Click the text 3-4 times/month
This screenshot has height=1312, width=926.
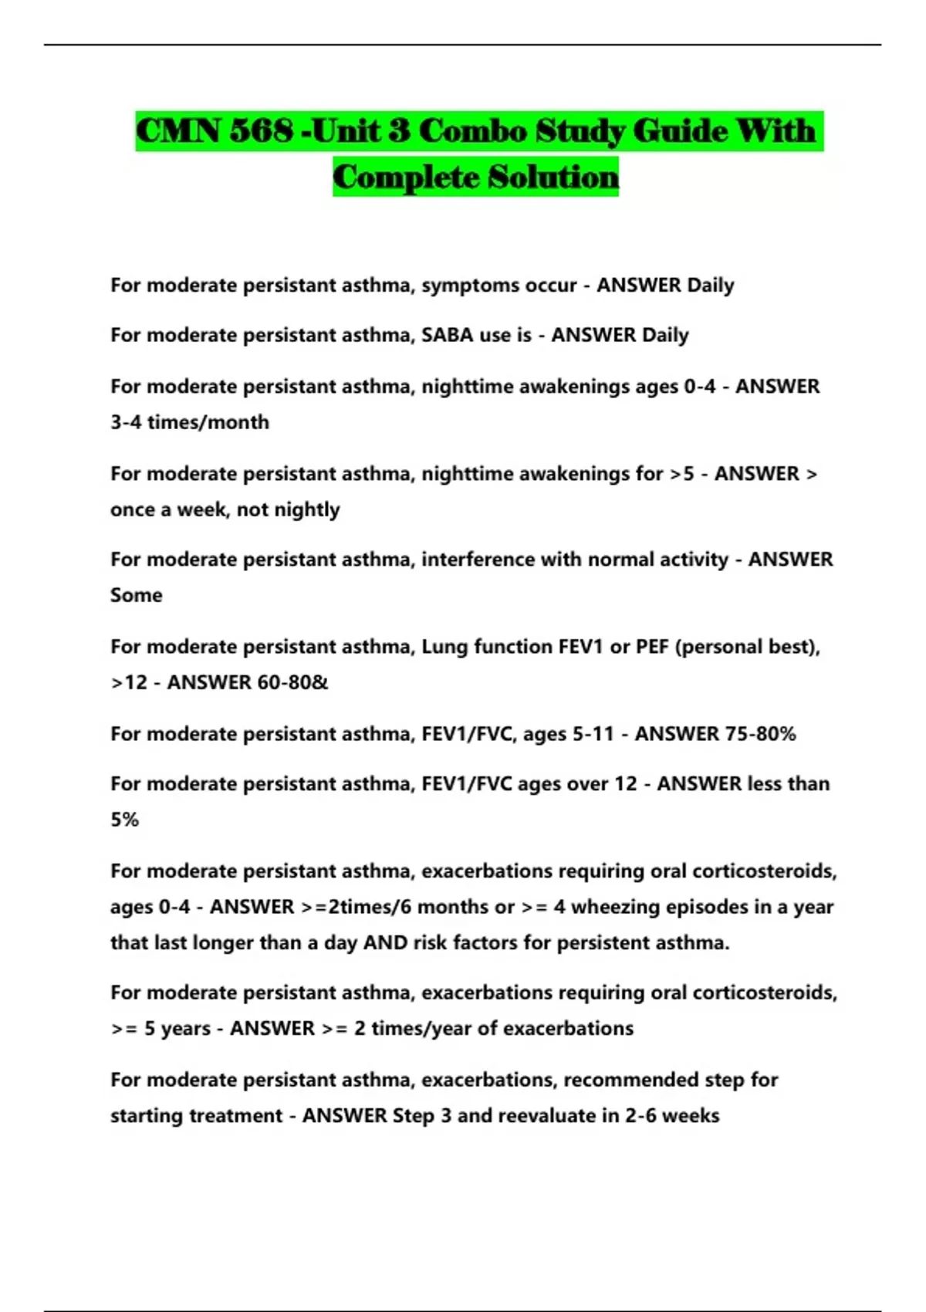(x=190, y=422)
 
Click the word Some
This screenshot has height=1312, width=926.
(x=137, y=595)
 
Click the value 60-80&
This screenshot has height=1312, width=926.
(x=288, y=682)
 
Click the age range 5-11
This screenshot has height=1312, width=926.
(x=593, y=733)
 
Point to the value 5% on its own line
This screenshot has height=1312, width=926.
(x=125, y=820)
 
